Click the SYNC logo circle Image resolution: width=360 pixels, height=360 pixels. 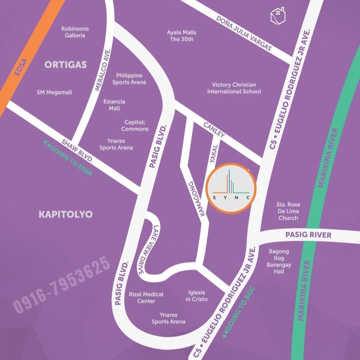pos(231,188)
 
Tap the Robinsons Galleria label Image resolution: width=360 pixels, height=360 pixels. pos(75,32)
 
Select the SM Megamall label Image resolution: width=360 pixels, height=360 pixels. pos(54,92)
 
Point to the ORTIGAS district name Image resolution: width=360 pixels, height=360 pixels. pos(66,65)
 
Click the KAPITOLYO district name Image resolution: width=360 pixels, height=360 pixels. pos(66,214)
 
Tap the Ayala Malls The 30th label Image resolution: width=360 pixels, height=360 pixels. pos(182,36)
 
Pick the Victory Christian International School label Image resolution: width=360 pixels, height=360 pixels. pos(234,88)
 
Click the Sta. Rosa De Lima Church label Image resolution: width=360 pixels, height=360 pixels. pos(288,211)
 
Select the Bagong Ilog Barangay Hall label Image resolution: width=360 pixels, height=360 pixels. pos(279,261)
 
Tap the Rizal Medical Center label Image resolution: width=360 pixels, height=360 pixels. pos(146,297)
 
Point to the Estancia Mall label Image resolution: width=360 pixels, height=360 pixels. pos(114,105)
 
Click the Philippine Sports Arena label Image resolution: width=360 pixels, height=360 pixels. pos(129,79)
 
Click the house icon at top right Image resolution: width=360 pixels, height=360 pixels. pos(278,16)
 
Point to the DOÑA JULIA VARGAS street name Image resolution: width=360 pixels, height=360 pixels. pos(244,33)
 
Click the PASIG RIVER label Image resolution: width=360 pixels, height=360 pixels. pos(308,235)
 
